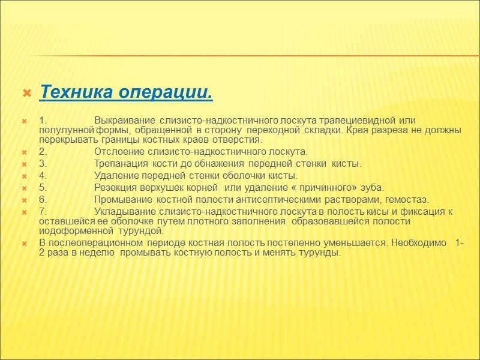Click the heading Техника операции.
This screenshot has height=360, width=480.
[x=126, y=94]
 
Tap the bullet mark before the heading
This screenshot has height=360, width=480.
[x=26, y=94]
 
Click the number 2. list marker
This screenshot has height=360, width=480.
[x=43, y=151]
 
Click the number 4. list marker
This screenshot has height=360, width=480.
[x=43, y=175]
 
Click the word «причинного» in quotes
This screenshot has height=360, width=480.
[x=320, y=187]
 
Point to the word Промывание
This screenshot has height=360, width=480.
[x=124, y=199]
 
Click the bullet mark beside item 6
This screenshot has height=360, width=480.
[x=25, y=200]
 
